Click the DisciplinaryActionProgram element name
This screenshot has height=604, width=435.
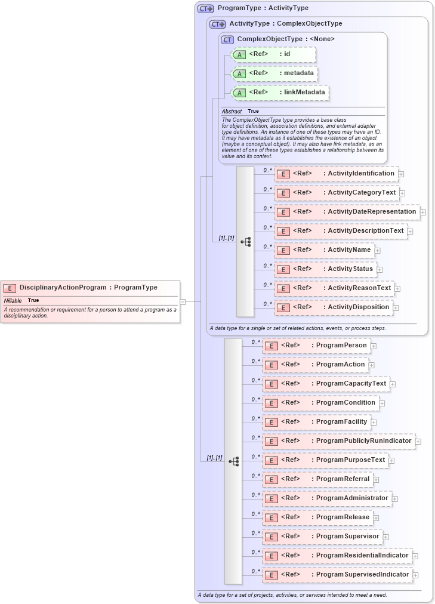point(63,287)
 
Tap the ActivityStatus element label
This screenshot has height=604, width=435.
point(350,269)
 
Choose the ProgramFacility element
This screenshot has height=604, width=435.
point(316,422)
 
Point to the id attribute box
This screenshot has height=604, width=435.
point(272,54)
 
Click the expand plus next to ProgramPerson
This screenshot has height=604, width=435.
point(374,346)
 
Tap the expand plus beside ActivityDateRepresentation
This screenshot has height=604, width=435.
point(422,212)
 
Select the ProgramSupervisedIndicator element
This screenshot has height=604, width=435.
point(338,575)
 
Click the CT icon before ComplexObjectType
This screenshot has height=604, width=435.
point(227,39)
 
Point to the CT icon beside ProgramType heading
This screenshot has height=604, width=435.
point(206,8)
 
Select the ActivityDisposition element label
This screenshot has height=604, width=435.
point(358,307)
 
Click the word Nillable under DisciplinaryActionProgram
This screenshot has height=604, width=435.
point(13,300)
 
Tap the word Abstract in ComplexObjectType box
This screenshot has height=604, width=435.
point(232,112)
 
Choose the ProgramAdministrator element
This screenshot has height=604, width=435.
point(327,498)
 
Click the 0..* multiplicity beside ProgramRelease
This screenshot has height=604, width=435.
point(255,514)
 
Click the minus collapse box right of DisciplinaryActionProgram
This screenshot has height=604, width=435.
point(183,301)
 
